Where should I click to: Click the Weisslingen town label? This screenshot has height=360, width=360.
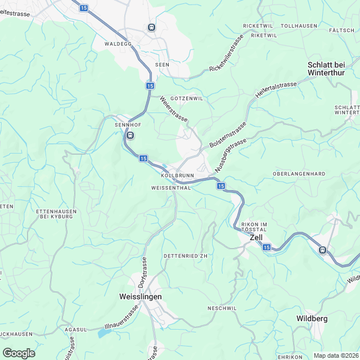(141, 296)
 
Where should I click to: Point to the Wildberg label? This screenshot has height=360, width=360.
(312, 319)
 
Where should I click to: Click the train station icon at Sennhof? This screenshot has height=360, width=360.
(130, 135)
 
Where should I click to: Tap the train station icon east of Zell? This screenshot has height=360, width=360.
(322, 250)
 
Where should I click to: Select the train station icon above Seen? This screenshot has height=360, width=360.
(151, 27)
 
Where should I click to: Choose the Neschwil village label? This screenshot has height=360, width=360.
(222, 308)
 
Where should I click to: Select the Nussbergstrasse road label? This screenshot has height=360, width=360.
(230, 148)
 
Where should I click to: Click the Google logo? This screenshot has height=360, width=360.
(19, 353)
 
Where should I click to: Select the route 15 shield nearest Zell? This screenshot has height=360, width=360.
(266, 247)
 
